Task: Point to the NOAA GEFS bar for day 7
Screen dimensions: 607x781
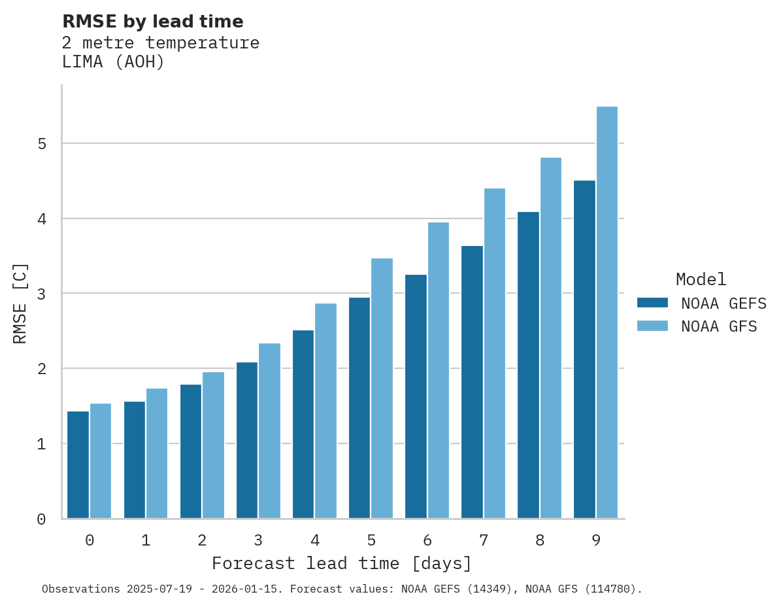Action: coord(472,382)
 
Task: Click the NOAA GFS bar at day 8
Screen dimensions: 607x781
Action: coord(551,338)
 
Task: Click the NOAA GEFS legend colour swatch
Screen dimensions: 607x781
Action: coord(652,303)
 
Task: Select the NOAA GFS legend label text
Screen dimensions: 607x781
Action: coord(719,326)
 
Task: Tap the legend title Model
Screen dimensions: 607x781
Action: coord(701,279)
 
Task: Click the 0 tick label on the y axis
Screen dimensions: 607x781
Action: coord(41,519)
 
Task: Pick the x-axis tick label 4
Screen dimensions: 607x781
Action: coord(314,541)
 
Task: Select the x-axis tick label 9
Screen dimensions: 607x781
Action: coord(596,541)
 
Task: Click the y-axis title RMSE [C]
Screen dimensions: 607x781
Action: coord(20,303)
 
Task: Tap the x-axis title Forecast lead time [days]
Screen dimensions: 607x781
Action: coord(341,563)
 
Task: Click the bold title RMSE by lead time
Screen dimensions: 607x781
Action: coord(152,22)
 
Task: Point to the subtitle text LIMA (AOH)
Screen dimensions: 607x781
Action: coord(113,62)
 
